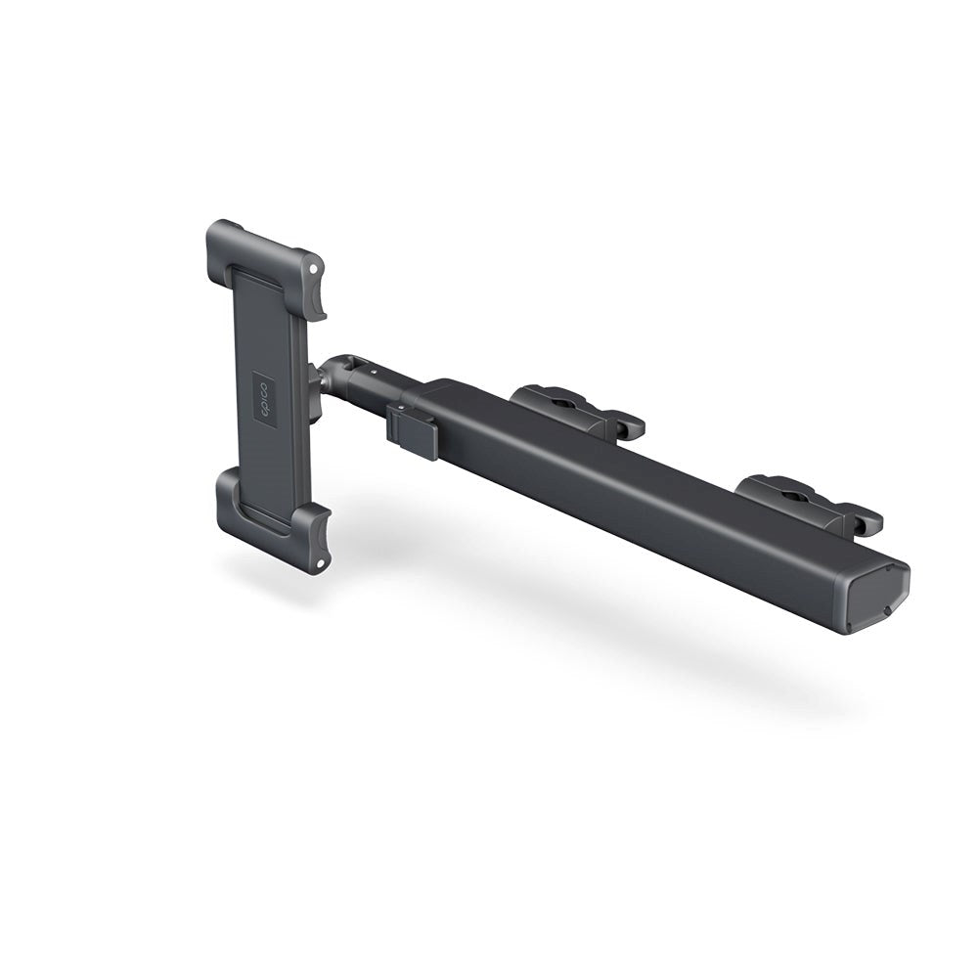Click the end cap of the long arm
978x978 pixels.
[878, 598]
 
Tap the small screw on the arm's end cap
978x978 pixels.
[886, 610]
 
